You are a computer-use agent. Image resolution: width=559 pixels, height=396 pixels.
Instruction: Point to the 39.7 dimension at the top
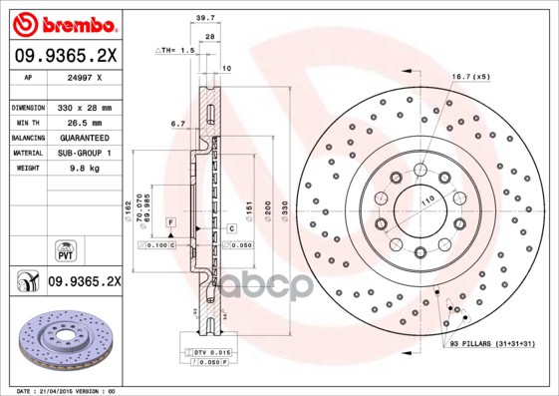206,18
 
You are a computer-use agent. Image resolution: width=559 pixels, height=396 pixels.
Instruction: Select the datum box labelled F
171,220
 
